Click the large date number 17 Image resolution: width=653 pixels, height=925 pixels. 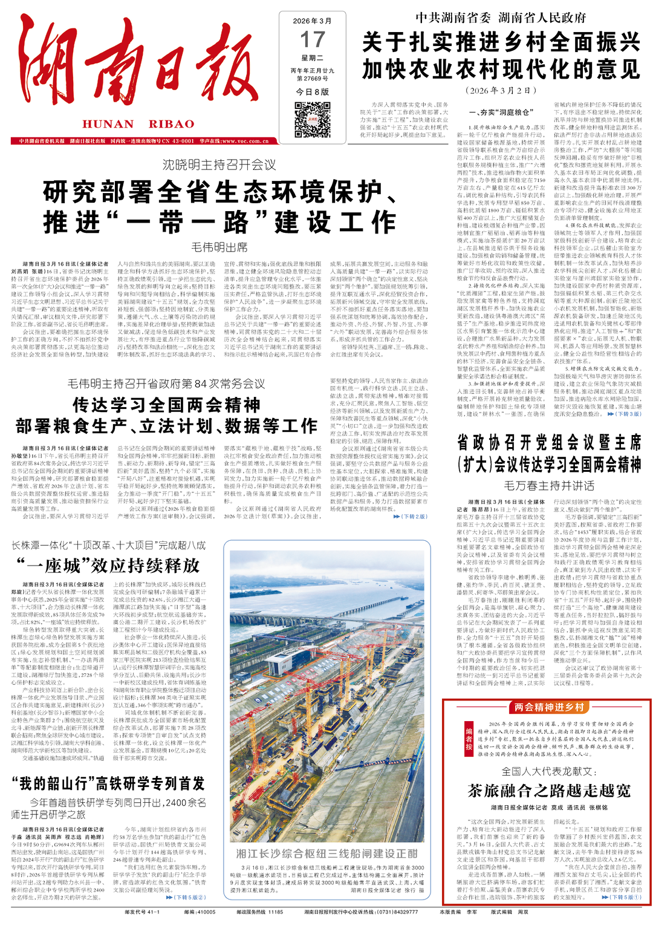[312, 40]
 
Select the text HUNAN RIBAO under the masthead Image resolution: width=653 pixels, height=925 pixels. [138, 124]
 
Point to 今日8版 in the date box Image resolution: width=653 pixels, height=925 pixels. [312, 92]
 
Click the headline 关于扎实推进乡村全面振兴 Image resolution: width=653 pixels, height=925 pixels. [501, 42]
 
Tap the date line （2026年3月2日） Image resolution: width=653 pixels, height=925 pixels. [501, 91]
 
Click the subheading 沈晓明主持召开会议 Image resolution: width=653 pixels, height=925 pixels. [219, 165]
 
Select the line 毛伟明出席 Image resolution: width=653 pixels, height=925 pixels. [219, 247]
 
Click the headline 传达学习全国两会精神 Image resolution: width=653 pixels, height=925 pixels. [166, 405]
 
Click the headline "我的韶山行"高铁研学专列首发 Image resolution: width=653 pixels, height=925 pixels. [108, 783]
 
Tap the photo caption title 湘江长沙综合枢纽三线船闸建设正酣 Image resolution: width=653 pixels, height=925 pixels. [326, 853]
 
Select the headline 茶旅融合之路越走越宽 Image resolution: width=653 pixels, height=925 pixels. [549, 791]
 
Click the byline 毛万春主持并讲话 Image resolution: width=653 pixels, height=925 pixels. [549, 485]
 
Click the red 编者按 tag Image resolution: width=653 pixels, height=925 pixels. [469, 739]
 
